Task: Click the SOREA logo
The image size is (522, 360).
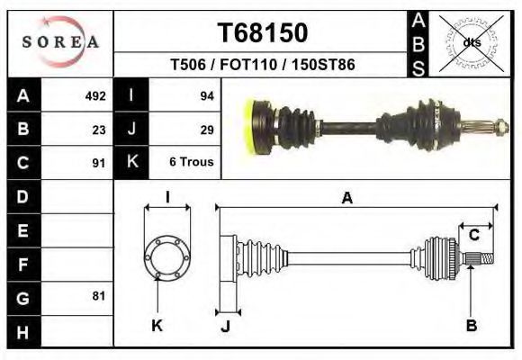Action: tap(60, 41)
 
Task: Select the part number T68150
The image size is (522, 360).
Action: tap(263, 32)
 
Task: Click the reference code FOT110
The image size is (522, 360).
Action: tap(248, 64)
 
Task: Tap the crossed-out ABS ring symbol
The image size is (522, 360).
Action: tap(472, 43)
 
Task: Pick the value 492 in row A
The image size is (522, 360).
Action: tap(95, 96)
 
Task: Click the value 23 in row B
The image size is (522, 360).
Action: tap(99, 130)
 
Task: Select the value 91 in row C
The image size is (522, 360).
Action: tap(99, 163)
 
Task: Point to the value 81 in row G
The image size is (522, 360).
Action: tap(99, 296)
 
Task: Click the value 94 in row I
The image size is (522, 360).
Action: tap(207, 96)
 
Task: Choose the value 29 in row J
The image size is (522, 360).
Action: tap(207, 130)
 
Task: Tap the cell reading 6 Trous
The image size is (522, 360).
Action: tap(192, 162)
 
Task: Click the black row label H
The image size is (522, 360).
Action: tap(23, 332)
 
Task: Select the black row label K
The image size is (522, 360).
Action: tap(131, 162)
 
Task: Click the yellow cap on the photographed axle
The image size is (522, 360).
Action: tap(249, 127)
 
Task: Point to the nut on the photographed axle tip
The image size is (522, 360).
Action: tap(501, 127)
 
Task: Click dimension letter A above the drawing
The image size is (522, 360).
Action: tap(346, 198)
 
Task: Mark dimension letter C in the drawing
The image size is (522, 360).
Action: tap(473, 235)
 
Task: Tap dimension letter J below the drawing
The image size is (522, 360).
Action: tap(225, 327)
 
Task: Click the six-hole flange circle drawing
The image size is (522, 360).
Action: tap(167, 256)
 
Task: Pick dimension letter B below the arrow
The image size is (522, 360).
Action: tap(472, 325)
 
